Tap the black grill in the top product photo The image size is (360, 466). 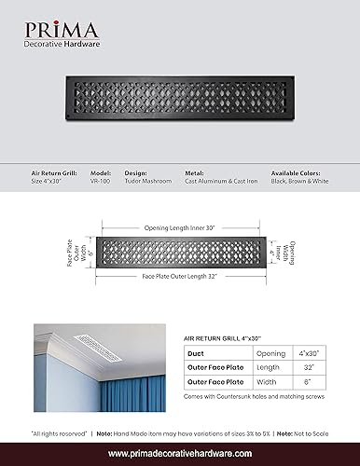click(180, 111)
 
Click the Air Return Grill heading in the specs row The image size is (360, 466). click(53, 173)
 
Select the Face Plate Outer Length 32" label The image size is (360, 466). click(180, 278)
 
